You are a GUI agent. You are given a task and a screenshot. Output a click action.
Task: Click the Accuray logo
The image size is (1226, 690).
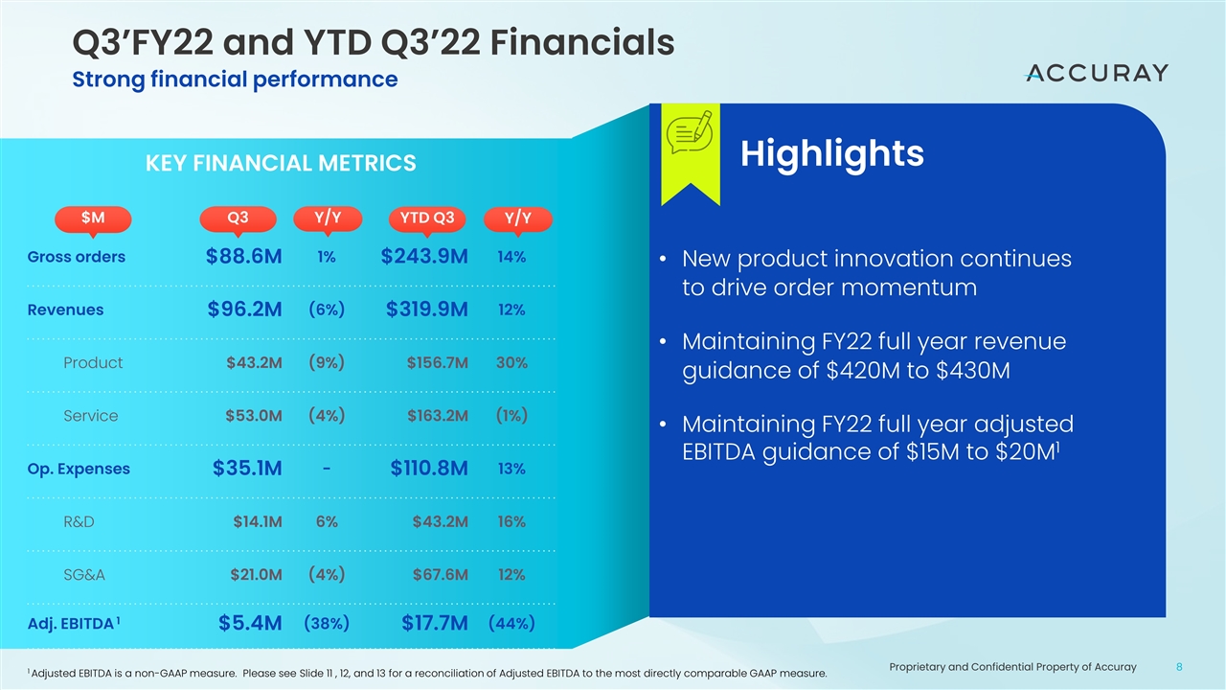pyautogui.click(x=1097, y=73)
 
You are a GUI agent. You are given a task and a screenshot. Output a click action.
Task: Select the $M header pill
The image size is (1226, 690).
pyautogui.click(x=93, y=218)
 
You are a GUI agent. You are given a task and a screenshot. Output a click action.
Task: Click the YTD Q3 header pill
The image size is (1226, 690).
pyautogui.click(x=426, y=218)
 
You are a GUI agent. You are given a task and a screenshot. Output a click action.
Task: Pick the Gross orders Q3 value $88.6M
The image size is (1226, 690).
pyautogui.click(x=243, y=257)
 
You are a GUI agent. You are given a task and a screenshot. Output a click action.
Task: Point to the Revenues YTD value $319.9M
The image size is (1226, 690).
pyautogui.click(x=426, y=310)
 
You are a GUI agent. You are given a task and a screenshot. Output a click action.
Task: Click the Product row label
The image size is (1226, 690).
pyautogui.click(x=92, y=363)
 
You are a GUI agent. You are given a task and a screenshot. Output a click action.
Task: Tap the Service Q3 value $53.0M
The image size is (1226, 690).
pyautogui.click(x=253, y=416)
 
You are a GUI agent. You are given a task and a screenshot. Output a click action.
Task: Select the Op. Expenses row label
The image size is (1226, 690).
pyautogui.click(x=79, y=469)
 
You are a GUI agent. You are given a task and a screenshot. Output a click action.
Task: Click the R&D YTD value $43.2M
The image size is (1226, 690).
pyautogui.click(x=440, y=522)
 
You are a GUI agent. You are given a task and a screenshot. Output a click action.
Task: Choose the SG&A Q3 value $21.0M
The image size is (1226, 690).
pyautogui.click(x=256, y=575)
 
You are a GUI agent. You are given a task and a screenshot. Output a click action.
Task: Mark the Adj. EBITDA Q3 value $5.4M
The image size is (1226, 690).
pyautogui.click(x=250, y=624)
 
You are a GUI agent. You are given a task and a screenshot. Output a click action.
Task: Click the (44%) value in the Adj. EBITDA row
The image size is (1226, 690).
pyautogui.click(x=511, y=623)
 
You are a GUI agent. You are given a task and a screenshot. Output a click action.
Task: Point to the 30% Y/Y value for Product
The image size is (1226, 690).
pyautogui.click(x=511, y=363)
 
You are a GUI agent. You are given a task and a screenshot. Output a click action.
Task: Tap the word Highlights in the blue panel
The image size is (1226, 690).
pyautogui.click(x=831, y=153)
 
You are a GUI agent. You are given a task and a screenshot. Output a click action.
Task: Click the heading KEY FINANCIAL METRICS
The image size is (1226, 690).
pyautogui.click(x=280, y=164)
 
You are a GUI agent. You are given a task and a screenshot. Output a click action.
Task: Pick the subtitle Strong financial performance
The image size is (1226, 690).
pyautogui.click(x=235, y=80)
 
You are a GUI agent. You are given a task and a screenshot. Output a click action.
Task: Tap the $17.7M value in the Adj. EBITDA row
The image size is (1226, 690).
pyautogui.click(x=435, y=624)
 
